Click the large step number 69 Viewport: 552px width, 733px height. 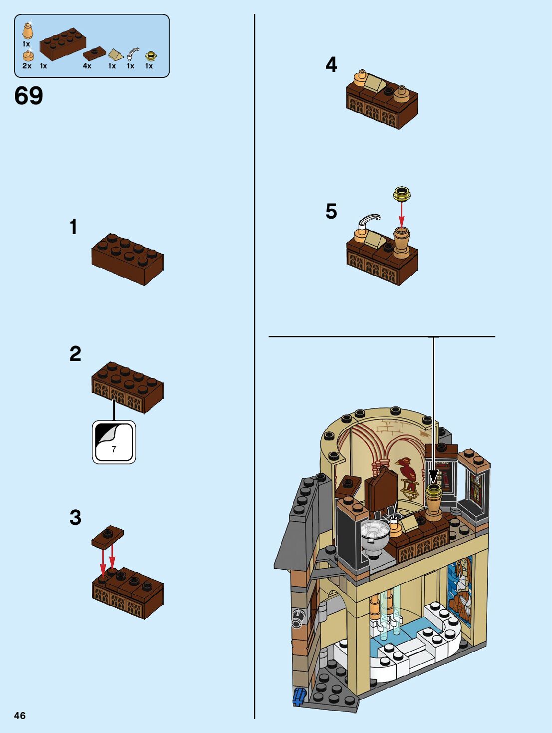(29, 96)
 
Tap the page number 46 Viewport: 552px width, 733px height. (19, 716)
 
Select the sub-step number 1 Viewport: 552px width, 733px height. (74, 227)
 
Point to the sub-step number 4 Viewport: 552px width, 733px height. (331, 65)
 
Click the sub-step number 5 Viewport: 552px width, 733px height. (331, 211)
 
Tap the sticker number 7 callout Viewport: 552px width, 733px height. (114, 442)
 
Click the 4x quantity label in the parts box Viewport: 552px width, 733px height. (87, 66)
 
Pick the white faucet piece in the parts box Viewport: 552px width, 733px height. (132, 54)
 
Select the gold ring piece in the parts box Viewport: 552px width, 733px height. (150, 56)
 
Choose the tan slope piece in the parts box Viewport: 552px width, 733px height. (115, 54)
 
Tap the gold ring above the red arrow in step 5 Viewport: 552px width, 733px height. (401, 193)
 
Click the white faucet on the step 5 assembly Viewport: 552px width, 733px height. (368, 221)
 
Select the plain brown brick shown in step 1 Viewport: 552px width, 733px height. (127, 259)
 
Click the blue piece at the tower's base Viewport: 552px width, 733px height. (298, 696)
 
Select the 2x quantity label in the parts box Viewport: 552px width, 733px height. (27, 66)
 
